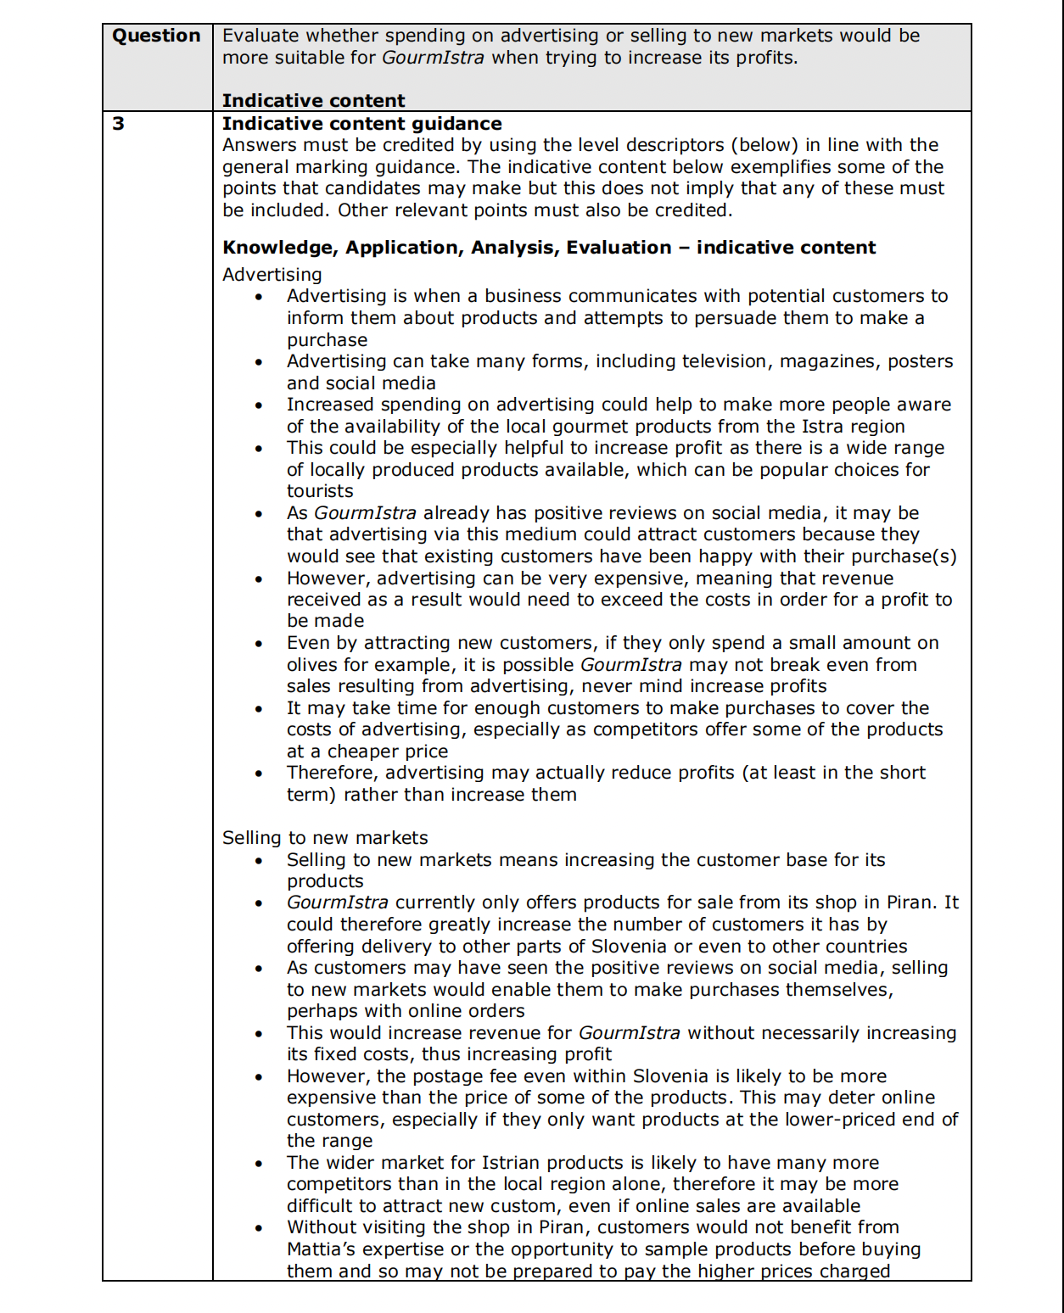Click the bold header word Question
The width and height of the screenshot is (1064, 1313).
coord(156,36)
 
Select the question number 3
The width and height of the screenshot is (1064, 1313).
coord(119,124)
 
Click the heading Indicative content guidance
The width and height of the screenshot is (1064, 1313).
coord(361,124)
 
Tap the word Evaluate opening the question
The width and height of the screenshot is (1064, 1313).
coord(260,36)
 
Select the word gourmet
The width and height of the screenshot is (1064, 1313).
coord(600,427)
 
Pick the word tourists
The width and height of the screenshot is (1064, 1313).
coord(320,491)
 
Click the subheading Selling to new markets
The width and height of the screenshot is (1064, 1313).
coord(325,838)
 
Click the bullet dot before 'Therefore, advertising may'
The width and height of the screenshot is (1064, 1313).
coord(259,774)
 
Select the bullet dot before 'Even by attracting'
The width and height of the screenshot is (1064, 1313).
coord(259,644)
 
